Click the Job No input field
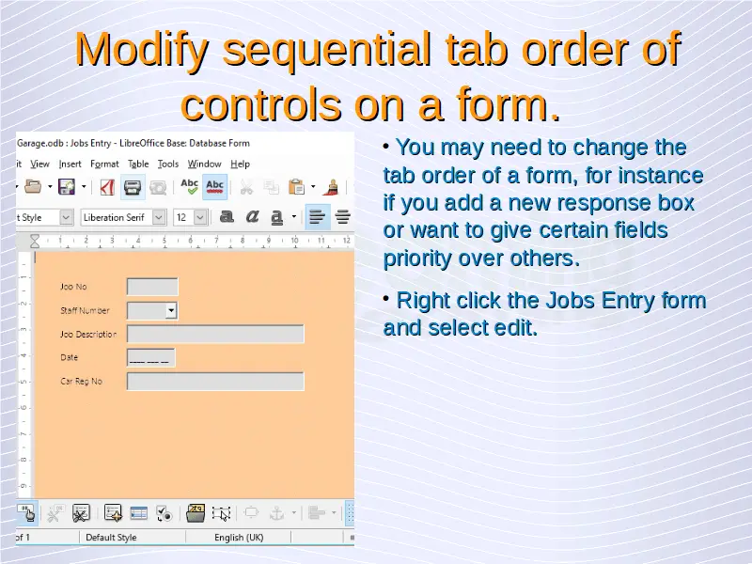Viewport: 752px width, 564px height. pyautogui.click(x=152, y=287)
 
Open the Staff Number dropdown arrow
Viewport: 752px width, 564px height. pyautogui.click(x=171, y=311)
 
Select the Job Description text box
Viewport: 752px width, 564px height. pyautogui.click(x=215, y=334)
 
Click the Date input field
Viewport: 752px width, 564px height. pyautogui.click(x=151, y=358)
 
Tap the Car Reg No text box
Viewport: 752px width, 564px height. pyautogui.click(x=215, y=382)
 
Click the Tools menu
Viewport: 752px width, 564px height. pyautogui.click(x=168, y=164)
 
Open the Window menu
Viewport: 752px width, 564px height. pyautogui.click(x=204, y=164)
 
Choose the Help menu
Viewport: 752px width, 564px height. pyautogui.click(x=241, y=164)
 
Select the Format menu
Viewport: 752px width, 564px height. pyautogui.click(x=104, y=164)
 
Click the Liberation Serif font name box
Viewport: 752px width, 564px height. pyautogui.click(x=117, y=218)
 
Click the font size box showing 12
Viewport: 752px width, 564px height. pyautogui.click(x=184, y=218)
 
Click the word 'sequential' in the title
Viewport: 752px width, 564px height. pyautogui.click(x=327, y=49)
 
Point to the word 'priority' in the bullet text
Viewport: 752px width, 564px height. pyautogui.click(x=416, y=258)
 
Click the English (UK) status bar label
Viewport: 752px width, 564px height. pyautogui.click(x=239, y=538)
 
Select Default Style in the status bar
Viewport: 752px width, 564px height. pyautogui.click(x=111, y=538)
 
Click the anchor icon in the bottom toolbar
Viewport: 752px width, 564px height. pyautogui.click(x=276, y=513)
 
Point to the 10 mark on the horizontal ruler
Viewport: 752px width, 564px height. pyautogui.click(x=294, y=240)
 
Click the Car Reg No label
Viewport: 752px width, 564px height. pyautogui.click(x=81, y=382)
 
